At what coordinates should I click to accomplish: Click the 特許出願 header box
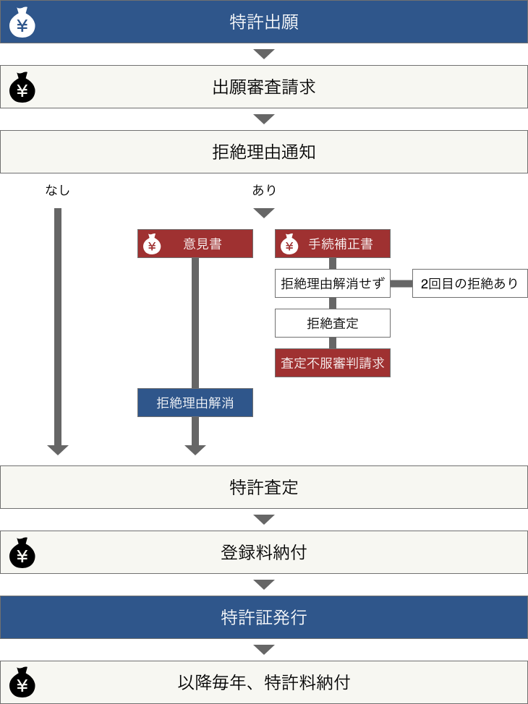pyautogui.click(x=264, y=22)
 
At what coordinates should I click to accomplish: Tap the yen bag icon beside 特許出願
pyautogui.click(x=22, y=22)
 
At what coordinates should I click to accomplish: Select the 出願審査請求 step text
pyautogui.click(x=264, y=87)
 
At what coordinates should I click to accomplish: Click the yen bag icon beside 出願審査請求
pyautogui.click(x=22, y=87)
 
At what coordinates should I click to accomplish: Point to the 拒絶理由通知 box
pyautogui.click(x=264, y=152)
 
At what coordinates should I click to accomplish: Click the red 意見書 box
pyautogui.click(x=195, y=244)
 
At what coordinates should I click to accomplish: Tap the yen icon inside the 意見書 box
pyautogui.click(x=152, y=244)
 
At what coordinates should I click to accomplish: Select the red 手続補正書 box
pyautogui.click(x=333, y=244)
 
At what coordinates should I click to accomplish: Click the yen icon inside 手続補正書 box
pyautogui.click(x=289, y=244)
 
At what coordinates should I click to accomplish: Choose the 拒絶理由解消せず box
pyautogui.click(x=333, y=283)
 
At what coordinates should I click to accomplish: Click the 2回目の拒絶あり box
pyautogui.click(x=469, y=283)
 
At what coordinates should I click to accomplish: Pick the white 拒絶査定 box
pyautogui.click(x=333, y=323)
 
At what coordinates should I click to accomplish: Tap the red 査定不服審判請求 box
pyautogui.click(x=333, y=363)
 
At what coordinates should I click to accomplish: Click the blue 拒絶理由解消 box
pyautogui.click(x=195, y=403)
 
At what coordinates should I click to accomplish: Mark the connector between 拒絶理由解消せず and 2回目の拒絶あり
pyautogui.click(x=401, y=283)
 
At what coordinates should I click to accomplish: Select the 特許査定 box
pyautogui.click(x=264, y=487)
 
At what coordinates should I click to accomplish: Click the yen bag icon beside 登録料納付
pyautogui.click(x=22, y=553)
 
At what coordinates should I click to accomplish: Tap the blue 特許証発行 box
pyautogui.click(x=264, y=617)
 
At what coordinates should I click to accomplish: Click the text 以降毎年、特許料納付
pyautogui.click(x=264, y=682)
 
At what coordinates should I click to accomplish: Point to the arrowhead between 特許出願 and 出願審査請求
pyautogui.click(x=264, y=54)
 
